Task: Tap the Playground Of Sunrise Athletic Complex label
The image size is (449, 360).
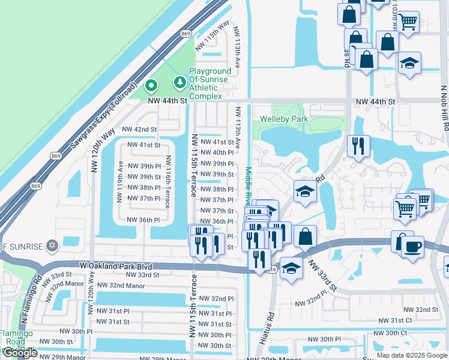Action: point(210,83)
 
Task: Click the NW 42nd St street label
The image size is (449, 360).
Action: point(139,129)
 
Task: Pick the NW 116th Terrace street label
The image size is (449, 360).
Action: point(168,182)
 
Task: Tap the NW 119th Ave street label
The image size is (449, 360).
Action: point(120,182)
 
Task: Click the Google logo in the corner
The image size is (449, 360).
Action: point(19,353)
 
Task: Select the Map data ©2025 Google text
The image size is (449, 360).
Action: point(412,355)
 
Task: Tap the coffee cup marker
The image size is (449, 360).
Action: point(412,247)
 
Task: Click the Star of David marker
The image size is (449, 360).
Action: point(52,246)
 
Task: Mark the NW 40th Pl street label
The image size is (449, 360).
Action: point(216,153)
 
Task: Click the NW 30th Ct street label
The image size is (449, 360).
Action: point(391,332)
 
